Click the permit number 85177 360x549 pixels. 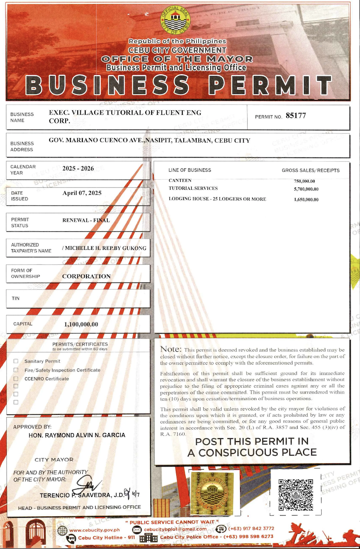[x=296, y=116]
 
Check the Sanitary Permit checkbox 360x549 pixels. [x=16, y=361]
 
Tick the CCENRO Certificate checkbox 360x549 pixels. [x=16, y=379]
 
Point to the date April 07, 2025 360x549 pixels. [x=82, y=193]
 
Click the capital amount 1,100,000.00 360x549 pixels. [x=81, y=324]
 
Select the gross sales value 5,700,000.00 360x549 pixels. [x=306, y=189]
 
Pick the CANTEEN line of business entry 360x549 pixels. [x=180, y=180]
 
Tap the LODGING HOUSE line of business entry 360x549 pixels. [x=217, y=199]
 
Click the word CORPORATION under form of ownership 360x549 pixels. [x=86, y=276]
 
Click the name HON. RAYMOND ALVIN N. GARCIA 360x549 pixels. [x=77, y=435]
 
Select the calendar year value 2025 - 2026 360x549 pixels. [x=78, y=169]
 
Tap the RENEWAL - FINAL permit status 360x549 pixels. [x=86, y=220]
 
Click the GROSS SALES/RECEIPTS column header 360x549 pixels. [x=310, y=170]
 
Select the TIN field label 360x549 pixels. [x=15, y=298]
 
